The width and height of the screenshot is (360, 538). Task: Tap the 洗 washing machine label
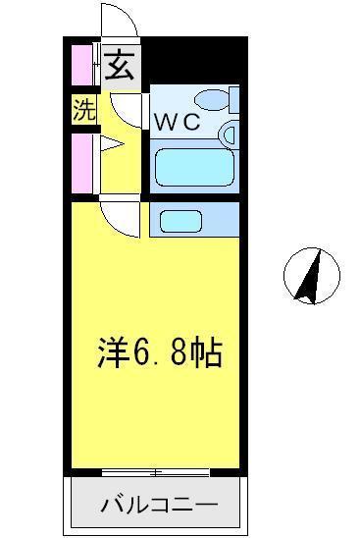point(84,110)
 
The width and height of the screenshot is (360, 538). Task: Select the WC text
point(176,123)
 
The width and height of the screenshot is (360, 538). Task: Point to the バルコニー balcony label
point(158,507)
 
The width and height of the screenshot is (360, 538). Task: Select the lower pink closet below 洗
point(78,162)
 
